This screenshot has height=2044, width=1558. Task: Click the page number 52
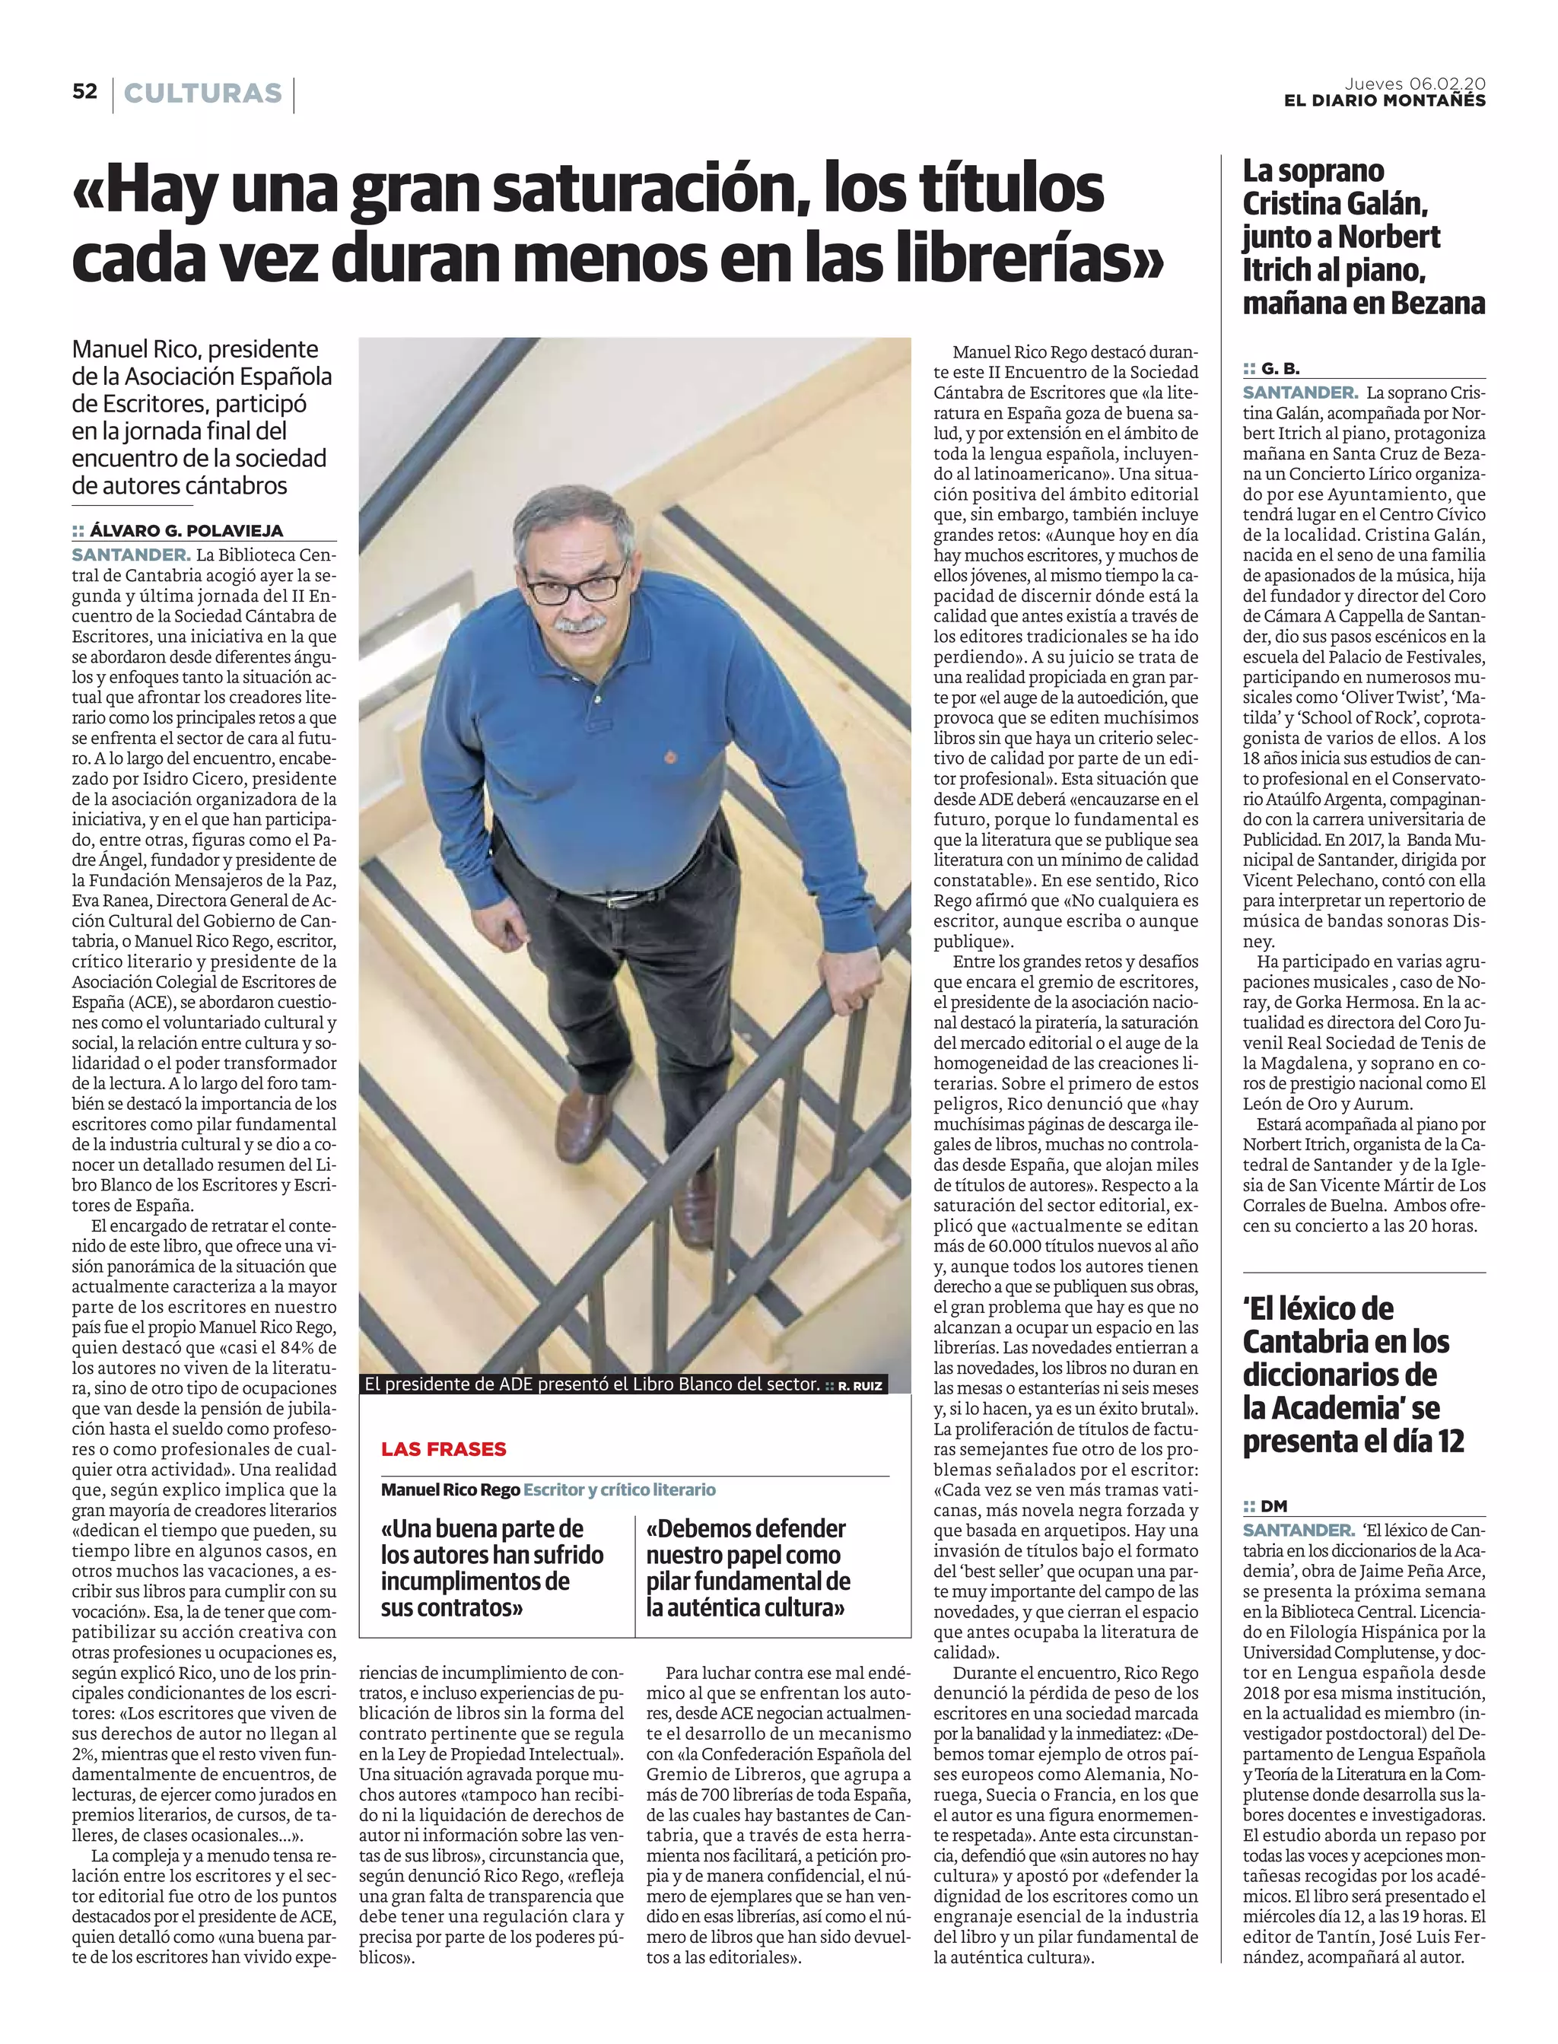click(84, 92)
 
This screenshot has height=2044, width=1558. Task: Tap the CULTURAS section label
click(202, 94)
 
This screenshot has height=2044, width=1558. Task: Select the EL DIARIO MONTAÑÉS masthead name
click(1384, 101)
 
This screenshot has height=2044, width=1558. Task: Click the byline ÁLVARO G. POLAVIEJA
click(186, 532)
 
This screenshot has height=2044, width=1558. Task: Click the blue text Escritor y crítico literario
click(619, 1489)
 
